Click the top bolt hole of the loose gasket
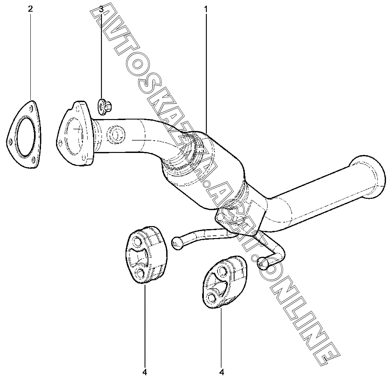pos(32,107)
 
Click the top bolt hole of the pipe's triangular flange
pos(79,106)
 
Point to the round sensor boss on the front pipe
pos(116,135)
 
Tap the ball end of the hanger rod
pos(177,243)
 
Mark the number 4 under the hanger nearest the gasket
pos(145,372)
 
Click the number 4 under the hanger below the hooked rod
pos(221,372)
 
